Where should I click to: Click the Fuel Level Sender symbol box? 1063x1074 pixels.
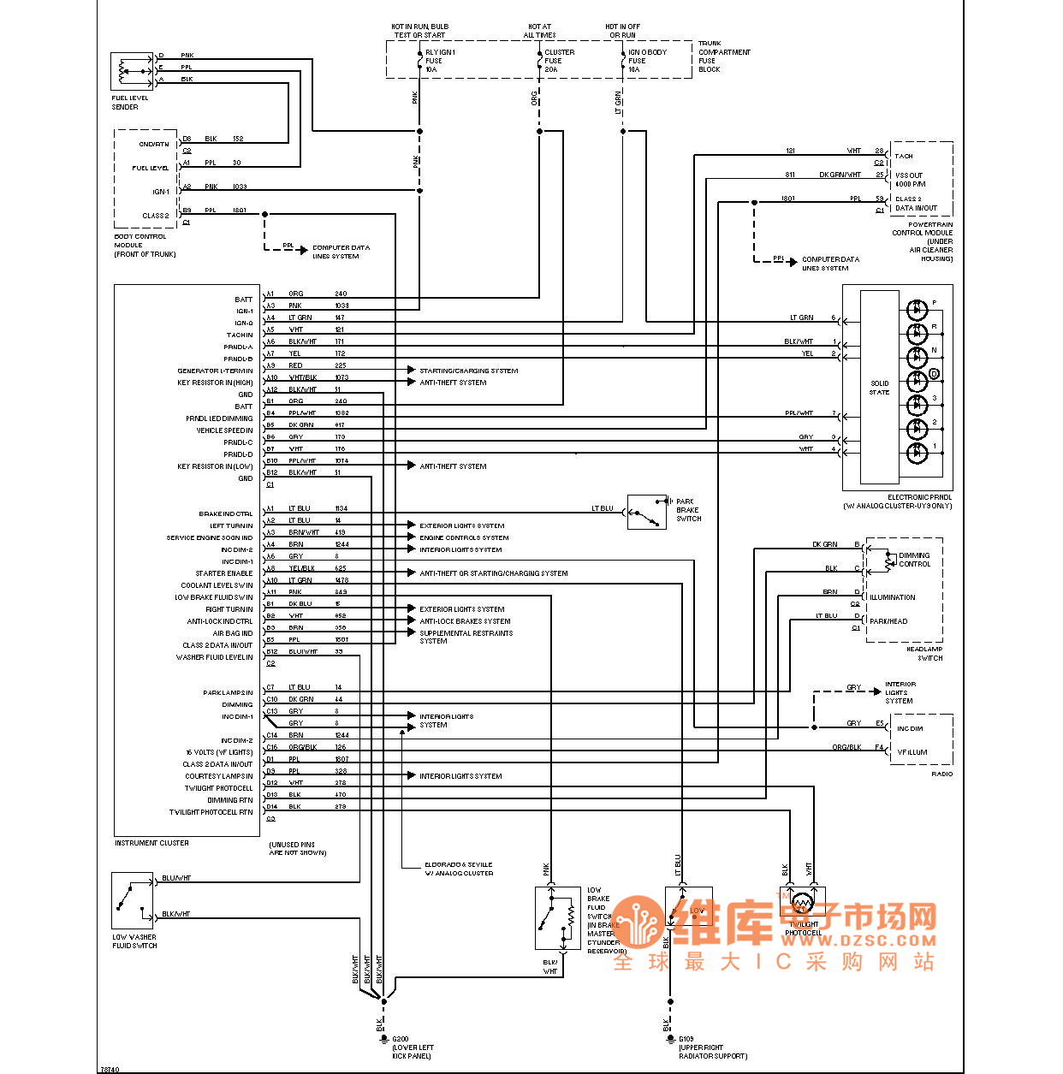click(x=131, y=72)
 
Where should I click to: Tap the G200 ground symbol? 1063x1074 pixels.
click(x=383, y=1037)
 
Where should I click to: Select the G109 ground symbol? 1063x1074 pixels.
click(x=670, y=1037)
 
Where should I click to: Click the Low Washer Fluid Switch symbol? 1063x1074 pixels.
click(x=132, y=901)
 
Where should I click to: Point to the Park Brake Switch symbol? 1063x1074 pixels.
click(x=647, y=512)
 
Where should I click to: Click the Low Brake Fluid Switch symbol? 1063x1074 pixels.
click(x=557, y=918)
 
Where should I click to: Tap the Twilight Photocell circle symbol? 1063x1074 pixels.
click(x=802, y=903)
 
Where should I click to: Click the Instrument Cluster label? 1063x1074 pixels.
click(x=151, y=843)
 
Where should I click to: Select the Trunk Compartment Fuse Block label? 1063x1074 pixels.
click(x=723, y=56)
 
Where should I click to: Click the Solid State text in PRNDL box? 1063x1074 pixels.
click(x=879, y=388)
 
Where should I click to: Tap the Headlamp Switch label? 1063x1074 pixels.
click(x=924, y=653)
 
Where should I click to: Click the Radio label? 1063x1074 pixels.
click(x=941, y=774)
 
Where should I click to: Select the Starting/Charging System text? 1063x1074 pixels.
click(x=468, y=371)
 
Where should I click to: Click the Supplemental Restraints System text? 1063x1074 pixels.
click(x=466, y=637)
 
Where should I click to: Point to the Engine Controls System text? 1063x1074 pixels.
click(x=464, y=537)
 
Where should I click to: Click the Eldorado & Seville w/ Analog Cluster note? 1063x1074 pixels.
click(x=459, y=869)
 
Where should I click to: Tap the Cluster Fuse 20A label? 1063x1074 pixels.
click(x=559, y=61)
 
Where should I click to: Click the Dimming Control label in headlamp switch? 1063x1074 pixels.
click(x=914, y=560)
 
